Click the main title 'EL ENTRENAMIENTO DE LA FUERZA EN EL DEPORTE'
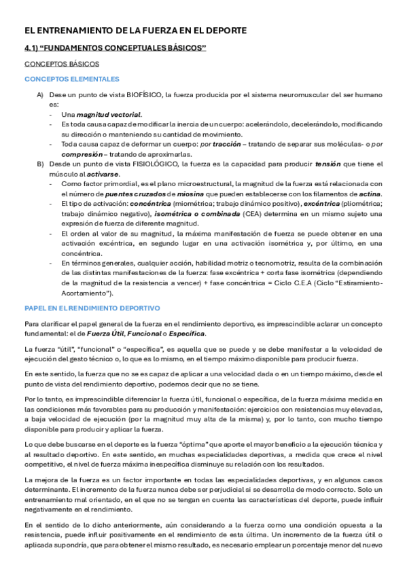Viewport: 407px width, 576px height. click(x=136, y=31)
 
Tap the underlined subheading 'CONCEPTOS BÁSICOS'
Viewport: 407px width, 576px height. click(x=62, y=64)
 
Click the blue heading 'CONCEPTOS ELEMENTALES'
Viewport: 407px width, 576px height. click(x=71, y=79)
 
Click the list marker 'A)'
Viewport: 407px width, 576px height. click(x=40, y=94)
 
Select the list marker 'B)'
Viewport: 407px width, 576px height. click(x=40, y=164)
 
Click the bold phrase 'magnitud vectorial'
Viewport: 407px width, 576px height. click(x=112, y=115)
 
